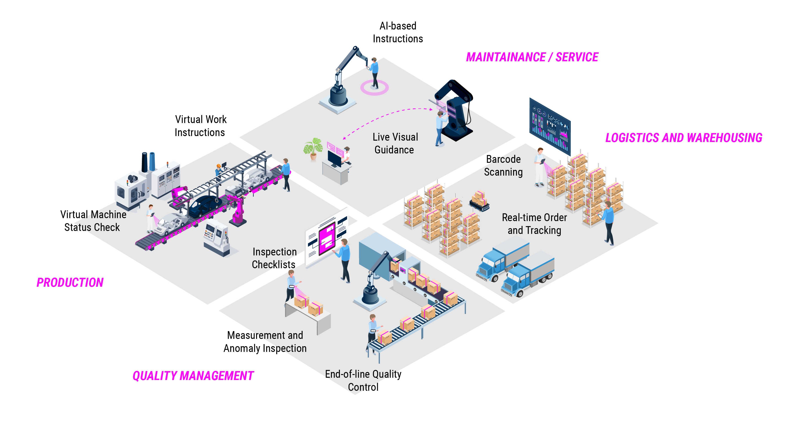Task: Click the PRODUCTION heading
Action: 70,282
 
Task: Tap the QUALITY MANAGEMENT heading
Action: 193,376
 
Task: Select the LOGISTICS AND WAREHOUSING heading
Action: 683,138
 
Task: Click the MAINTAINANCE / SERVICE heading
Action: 532,57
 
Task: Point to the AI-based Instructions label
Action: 398,32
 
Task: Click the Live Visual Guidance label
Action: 395,143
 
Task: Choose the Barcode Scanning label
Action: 503,166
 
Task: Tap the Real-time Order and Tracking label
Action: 534,224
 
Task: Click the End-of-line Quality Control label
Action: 363,380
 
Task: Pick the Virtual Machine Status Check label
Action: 93,221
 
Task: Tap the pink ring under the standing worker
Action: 374,88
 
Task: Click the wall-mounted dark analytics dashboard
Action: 550,127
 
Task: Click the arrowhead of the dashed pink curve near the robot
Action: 431,109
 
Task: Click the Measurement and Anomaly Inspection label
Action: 265,342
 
